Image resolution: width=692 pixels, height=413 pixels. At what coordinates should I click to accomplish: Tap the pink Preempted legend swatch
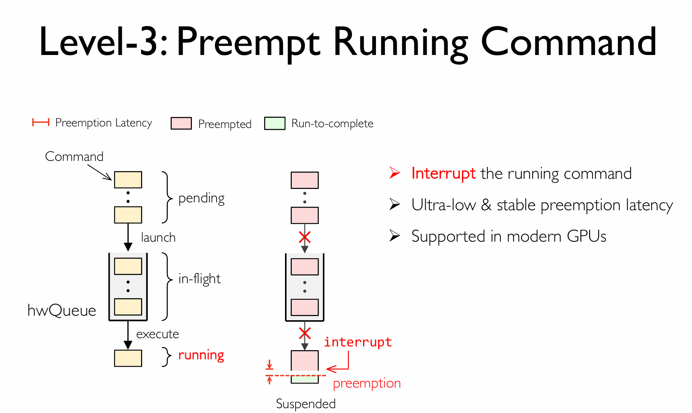pyautogui.click(x=181, y=123)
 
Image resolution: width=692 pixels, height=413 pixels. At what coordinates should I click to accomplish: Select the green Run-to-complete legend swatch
pyautogui.click(x=275, y=123)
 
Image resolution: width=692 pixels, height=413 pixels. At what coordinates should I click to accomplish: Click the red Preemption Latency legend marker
pyautogui.click(x=40, y=122)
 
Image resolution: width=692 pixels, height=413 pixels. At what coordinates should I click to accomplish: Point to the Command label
pyautogui.click(x=74, y=156)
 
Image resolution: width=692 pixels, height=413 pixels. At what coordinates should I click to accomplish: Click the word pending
pyautogui.click(x=201, y=198)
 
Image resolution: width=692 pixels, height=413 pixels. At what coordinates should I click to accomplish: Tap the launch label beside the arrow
pyautogui.click(x=158, y=237)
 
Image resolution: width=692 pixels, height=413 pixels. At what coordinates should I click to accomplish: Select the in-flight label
pyautogui.click(x=199, y=279)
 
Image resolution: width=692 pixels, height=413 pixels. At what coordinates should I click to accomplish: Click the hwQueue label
pyautogui.click(x=62, y=310)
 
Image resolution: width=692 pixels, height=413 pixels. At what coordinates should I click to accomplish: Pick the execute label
pyautogui.click(x=157, y=334)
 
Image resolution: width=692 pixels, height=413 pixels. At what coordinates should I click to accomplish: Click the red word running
pyautogui.click(x=201, y=355)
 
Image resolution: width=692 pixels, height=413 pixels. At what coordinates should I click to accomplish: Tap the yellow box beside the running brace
pyautogui.click(x=128, y=358)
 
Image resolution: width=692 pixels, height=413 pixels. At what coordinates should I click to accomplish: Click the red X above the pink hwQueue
pyautogui.click(x=304, y=237)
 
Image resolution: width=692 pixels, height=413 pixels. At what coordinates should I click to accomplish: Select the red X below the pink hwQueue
pyautogui.click(x=305, y=333)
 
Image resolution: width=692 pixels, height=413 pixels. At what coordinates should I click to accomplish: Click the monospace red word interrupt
pyautogui.click(x=358, y=342)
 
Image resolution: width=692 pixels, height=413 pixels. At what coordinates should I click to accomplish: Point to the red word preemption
pyautogui.click(x=367, y=383)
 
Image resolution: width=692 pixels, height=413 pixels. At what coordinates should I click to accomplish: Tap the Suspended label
pyautogui.click(x=306, y=404)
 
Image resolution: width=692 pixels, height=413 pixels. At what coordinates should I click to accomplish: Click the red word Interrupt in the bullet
pyautogui.click(x=443, y=174)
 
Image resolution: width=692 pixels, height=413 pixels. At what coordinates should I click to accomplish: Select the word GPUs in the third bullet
pyautogui.click(x=587, y=236)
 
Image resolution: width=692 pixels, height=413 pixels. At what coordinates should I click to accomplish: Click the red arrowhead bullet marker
pyautogui.click(x=395, y=173)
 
